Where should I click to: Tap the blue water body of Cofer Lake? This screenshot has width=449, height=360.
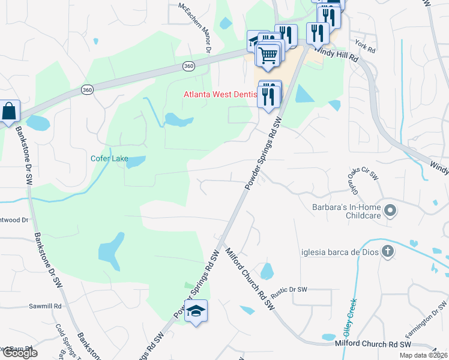[136, 161]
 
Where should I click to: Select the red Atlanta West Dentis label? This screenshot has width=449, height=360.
[220, 94]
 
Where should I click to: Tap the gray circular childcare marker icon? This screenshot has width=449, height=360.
[390, 211]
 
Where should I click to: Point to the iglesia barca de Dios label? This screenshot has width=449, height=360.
[340, 252]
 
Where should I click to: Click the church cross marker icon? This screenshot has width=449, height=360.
[388, 252]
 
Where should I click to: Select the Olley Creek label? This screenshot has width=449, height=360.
[349, 317]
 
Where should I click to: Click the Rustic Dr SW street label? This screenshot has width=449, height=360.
[289, 289]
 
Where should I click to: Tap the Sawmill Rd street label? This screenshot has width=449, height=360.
[46, 306]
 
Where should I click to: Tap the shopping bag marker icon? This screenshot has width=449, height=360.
[9, 111]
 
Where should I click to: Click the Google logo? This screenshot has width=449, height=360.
[20, 353]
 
